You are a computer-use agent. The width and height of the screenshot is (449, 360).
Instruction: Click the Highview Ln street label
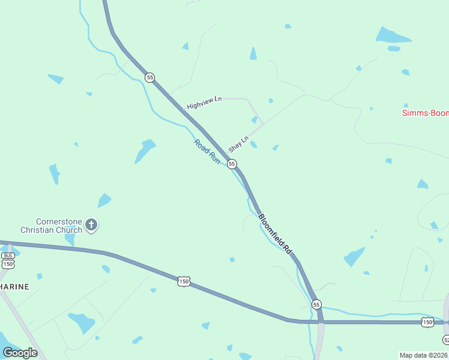coord(204,103)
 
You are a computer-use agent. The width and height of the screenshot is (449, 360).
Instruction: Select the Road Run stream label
coord(207,152)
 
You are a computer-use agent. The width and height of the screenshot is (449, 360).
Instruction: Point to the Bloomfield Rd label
coord(276,233)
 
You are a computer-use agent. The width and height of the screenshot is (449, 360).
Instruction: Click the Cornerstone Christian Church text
coord(51,225)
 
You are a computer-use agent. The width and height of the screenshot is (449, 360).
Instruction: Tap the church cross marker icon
coord(91,226)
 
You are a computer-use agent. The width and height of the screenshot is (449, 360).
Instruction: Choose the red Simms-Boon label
coord(424,113)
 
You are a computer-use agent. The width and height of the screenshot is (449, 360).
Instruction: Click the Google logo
coord(20,352)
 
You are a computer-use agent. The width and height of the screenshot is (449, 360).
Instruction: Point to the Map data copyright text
coord(423,355)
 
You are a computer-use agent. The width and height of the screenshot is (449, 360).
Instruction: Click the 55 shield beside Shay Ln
coord(232,164)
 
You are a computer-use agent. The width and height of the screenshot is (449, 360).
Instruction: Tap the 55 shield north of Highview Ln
coord(149,77)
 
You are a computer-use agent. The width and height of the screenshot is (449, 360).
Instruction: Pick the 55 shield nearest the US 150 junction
coord(316,305)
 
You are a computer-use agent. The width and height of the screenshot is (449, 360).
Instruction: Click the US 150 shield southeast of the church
coord(184,281)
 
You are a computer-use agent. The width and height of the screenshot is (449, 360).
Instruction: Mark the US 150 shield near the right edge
coord(427,322)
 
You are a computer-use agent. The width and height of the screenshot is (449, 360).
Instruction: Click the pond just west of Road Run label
coord(145,150)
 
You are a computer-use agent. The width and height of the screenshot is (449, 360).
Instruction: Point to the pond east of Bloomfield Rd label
coord(354,256)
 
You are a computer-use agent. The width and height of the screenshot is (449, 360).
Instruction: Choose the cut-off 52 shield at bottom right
coord(446,340)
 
